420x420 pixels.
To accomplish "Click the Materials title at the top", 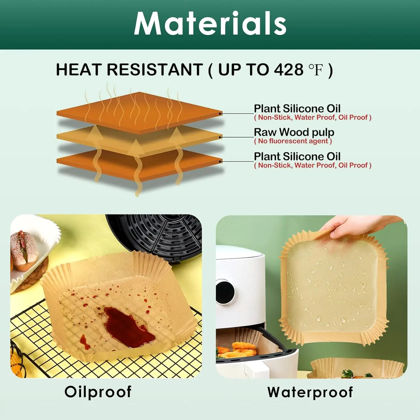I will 210,24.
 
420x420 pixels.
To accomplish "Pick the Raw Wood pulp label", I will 294,132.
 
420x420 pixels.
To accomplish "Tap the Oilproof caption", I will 98,392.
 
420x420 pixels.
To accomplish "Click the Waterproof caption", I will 310,392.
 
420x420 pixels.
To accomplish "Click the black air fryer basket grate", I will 162,235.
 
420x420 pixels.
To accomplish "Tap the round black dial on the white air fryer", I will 225,291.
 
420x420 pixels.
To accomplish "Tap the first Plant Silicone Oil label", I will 297,109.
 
